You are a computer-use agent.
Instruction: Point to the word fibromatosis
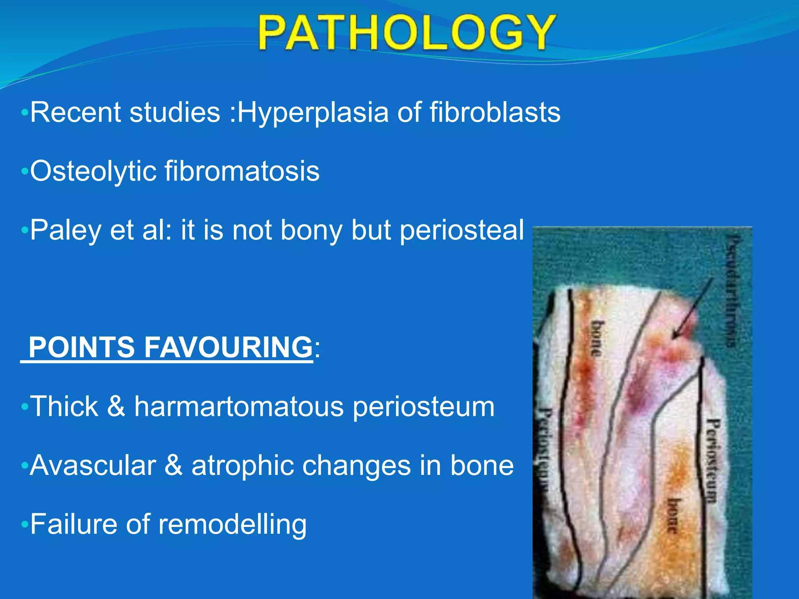point(241,172)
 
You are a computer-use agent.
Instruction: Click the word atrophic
point(242,466)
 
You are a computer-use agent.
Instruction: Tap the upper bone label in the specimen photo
point(597,338)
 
